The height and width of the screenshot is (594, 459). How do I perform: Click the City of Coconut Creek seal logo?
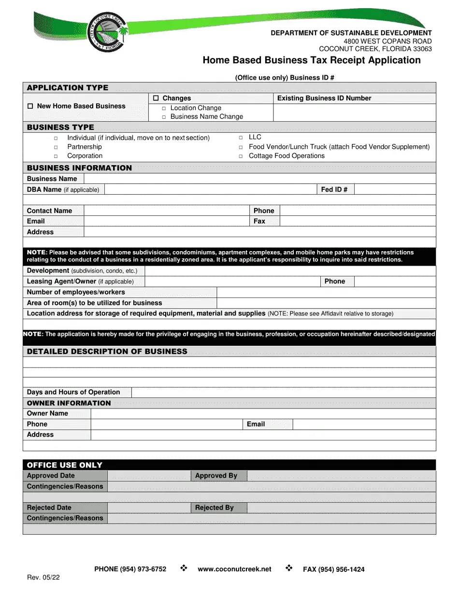point(106,32)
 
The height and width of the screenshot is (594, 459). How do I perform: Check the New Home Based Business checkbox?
point(30,106)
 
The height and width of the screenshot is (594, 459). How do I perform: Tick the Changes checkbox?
point(156,98)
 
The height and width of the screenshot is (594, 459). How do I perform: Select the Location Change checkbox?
point(164,109)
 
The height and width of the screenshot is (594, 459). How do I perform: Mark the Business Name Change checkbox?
point(164,117)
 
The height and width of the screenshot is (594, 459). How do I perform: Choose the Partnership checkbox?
point(56,147)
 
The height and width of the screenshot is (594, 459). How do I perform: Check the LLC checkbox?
point(241,138)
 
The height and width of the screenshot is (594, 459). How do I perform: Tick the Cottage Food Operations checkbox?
point(241,156)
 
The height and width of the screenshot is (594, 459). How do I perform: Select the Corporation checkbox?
point(56,156)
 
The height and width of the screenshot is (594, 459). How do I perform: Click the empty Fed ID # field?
point(394,190)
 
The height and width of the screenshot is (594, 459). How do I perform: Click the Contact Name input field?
point(166,211)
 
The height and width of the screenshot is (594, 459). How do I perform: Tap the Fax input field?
point(358,221)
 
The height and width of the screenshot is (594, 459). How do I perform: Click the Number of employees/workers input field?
point(326,292)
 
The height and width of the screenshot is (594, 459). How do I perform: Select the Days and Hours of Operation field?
point(284,392)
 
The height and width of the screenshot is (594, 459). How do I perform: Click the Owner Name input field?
point(263,413)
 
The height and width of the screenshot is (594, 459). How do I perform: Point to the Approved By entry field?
point(341,476)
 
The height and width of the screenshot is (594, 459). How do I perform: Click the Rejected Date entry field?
point(149,508)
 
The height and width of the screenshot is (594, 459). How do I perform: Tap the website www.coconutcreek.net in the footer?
point(234,569)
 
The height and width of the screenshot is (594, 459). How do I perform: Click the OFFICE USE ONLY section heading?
point(65,465)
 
